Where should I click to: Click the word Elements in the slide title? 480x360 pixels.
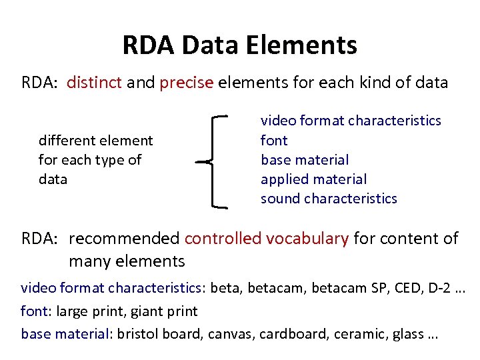(x=303, y=45)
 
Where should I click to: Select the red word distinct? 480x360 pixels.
(x=93, y=83)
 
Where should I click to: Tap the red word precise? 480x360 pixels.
(x=186, y=83)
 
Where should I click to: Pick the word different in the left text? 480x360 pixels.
(x=67, y=141)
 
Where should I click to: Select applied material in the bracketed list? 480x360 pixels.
(x=313, y=179)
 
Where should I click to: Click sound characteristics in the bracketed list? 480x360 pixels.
(x=329, y=199)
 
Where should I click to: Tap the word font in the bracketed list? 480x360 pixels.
(x=274, y=141)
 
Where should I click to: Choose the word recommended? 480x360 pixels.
(x=124, y=239)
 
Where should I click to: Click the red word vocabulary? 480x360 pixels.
(x=309, y=239)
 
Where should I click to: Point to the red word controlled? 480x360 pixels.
(x=225, y=239)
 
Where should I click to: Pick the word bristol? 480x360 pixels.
(x=137, y=334)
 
